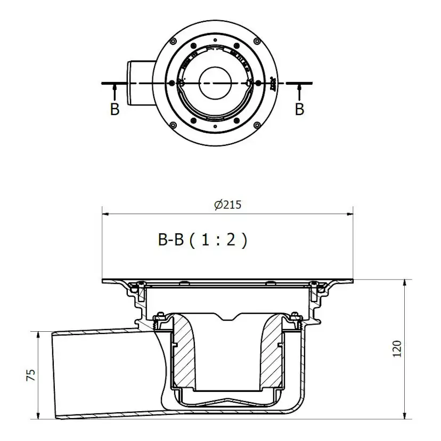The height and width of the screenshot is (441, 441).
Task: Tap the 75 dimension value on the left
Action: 30,375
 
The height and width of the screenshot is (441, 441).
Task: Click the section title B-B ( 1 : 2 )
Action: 202,240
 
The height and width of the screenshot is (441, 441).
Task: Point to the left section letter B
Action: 115,109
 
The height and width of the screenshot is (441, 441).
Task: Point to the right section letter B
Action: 299,109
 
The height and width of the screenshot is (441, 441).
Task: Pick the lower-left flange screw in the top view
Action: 173,125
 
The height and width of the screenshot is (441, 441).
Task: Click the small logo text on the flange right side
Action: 273,83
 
